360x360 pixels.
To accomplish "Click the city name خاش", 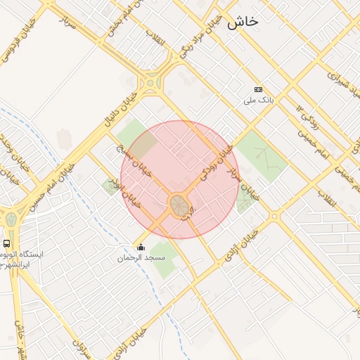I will tap(243, 22).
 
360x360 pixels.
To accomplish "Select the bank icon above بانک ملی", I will tap(258, 90).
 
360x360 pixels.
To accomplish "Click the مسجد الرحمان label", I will tap(141, 258).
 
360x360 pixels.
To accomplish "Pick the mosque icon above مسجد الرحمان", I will tap(141, 247).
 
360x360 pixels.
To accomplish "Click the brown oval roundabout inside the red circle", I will tap(179, 205).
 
